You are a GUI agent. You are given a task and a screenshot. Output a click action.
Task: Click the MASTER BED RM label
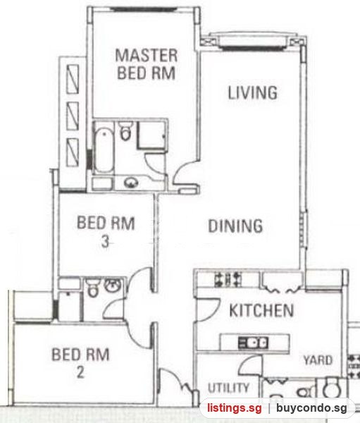tap(147, 64)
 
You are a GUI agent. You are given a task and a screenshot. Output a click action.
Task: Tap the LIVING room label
tap(253, 93)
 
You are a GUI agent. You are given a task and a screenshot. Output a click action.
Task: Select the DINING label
tap(235, 226)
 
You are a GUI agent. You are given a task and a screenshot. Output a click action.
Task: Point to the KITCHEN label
tap(261, 310)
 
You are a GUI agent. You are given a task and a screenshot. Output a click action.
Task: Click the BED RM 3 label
tap(106, 231)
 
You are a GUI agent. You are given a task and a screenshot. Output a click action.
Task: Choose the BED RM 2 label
tap(80, 363)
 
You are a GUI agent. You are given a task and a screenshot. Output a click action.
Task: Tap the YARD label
tap(318, 360)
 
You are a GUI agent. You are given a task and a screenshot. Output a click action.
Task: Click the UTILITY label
tap(229, 388)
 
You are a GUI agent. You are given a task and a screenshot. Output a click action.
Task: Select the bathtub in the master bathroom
tap(104, 150)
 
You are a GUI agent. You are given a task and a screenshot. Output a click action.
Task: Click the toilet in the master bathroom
tap(125, 131)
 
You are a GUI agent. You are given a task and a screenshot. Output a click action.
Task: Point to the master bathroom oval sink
tap(131, 183)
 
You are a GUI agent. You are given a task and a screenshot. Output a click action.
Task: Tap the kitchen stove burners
tap(228, 279)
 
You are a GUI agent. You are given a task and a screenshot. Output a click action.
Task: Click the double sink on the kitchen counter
tap(253, 343)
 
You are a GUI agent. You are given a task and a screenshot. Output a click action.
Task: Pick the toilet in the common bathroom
tap(93, 288)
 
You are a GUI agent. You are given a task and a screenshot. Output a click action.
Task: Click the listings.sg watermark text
tap(234, 408)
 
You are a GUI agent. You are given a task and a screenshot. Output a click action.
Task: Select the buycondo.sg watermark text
tap(311, 408)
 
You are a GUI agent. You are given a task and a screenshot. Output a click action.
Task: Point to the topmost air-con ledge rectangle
tap(73, 79)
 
